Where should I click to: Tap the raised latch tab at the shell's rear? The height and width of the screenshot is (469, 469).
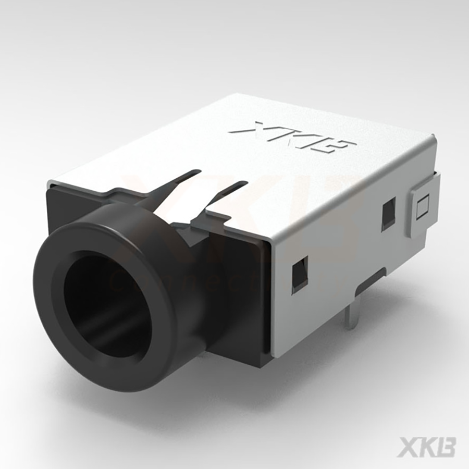tap(425, 206)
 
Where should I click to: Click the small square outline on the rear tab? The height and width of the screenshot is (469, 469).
tap(423, 206)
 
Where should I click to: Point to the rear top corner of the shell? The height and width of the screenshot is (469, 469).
tap(434, 137)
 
